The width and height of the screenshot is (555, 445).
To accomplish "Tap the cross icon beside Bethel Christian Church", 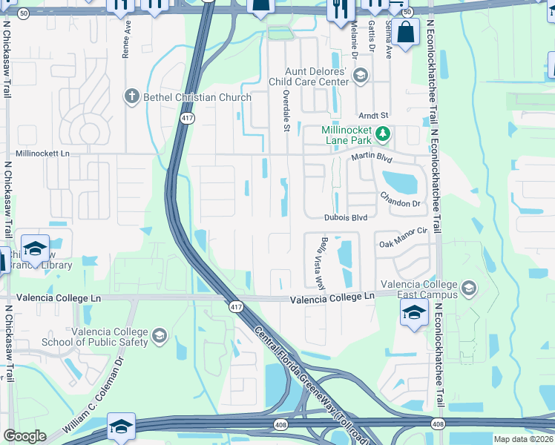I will (131, 96).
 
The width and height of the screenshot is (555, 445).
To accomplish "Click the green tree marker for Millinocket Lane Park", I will (382, 134).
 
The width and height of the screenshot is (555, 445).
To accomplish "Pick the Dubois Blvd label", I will (346, 217).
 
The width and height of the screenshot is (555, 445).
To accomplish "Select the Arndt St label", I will (374, 116).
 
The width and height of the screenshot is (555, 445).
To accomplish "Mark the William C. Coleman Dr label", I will (93, 398).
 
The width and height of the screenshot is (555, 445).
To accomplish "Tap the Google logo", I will (24, 436).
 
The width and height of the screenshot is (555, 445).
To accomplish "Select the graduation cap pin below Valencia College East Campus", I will (414, 311).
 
